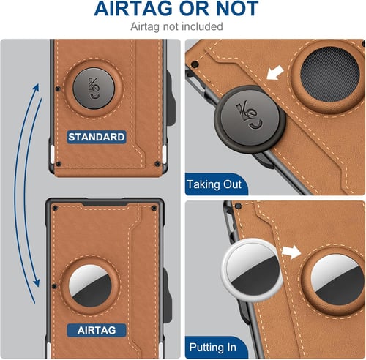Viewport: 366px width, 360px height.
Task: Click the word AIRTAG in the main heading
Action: [x=133, y=9]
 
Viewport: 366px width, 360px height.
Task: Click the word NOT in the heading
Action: [x=237, y=9]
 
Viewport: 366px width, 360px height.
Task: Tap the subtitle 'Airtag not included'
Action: [x=176, y=26]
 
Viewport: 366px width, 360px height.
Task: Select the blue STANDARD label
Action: [x=97, y=137]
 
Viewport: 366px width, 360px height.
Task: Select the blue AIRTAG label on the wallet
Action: [x=97, y=330]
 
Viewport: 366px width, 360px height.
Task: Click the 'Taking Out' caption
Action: [x=214, y=184]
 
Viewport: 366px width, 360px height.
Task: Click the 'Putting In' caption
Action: [x=212, y=347]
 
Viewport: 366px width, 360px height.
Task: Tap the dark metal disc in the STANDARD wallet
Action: [x=94, y=88]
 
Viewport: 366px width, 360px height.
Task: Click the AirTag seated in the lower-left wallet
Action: [x=90, y=286]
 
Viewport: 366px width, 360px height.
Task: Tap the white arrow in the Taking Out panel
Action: [x=275, y=72]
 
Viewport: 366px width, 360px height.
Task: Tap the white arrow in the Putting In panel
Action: [x=291, y=252]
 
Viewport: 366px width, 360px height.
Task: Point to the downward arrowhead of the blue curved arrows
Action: [x=37, y=282]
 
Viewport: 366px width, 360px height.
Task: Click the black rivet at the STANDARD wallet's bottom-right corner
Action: [x=157, y=164]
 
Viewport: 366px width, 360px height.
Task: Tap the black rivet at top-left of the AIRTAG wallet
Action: [x=55, y=208]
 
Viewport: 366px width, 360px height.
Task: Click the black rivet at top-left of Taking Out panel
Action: [x=195, y=64]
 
